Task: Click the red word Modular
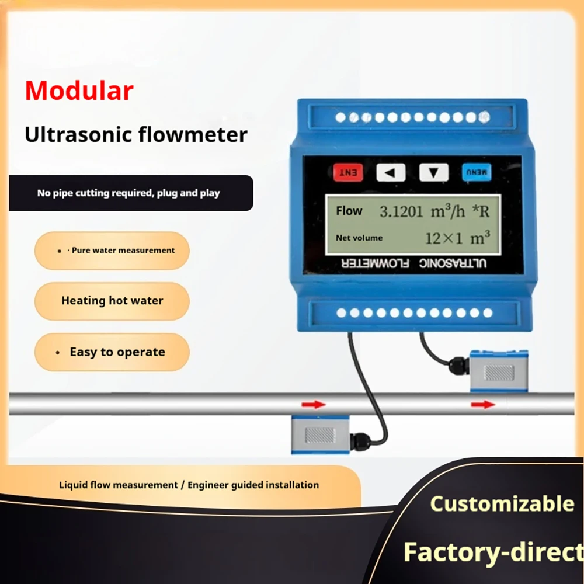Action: (79, 91)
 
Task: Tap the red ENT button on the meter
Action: (348, 172)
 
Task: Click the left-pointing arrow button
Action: (391, 172)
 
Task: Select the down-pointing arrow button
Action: (433, 172)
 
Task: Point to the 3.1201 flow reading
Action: (401, 211)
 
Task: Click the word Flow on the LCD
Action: (349, 211)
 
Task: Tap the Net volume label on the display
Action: (359, 238)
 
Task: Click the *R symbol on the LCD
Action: (481, 211)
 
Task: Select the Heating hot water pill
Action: (112, 301)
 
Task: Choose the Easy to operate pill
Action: (112, 352)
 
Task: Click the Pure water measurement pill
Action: (112, 251)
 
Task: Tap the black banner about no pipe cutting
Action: (131, 193)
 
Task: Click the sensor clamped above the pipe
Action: (498, 371)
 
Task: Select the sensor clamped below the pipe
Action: (320, 434)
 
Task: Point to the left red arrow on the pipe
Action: (314, 405)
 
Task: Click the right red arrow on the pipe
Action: (483, 405)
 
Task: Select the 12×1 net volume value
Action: (444, 238)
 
